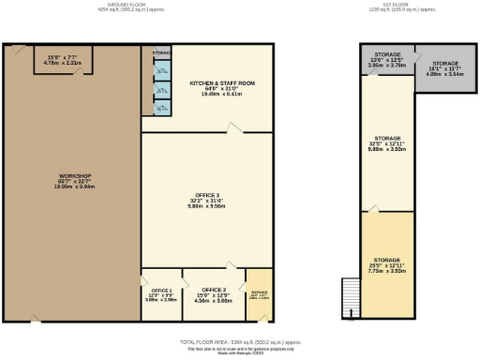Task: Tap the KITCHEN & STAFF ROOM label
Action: pyautogui.click(x=208, y=82)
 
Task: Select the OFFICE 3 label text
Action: pyautogui.click(x=208, y=196)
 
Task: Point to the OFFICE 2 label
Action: pyautogui.click(x=214, y=290)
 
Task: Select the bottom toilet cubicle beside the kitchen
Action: pyautogui.click(x=162, y=108)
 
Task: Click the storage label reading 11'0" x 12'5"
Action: pyautogui.click(x=387, y=62)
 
